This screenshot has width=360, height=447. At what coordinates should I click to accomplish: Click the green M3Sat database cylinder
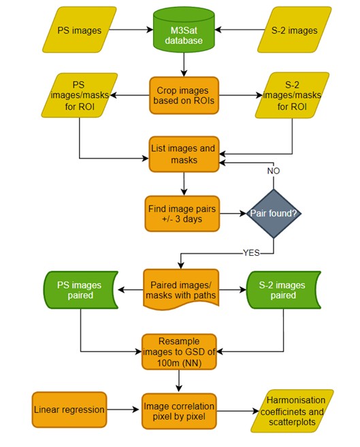[184, 30]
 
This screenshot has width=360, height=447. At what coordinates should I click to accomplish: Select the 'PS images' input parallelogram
[80, 30]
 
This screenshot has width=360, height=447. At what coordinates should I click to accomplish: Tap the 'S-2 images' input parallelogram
[295, 30]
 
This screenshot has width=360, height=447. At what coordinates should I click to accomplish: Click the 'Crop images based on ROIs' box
[184, 95]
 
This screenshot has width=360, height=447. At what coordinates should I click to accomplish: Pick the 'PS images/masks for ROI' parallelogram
[80, 95]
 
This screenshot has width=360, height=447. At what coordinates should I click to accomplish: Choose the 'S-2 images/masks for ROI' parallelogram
[292, 95]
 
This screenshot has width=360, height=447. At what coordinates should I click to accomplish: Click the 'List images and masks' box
[184, 154]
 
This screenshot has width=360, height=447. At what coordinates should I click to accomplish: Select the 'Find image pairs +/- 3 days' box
[182, 214]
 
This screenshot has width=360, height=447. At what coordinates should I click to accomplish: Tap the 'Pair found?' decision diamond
[274, 213]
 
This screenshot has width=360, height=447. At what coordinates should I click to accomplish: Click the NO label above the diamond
[274, 171]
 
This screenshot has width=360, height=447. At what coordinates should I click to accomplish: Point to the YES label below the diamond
[251, 253]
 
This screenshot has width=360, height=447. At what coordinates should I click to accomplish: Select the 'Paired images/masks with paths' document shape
[181, 289]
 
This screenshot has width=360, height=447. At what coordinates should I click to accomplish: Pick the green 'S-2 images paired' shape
[283, 290]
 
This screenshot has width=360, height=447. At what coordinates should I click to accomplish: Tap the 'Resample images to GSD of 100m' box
[179, 352]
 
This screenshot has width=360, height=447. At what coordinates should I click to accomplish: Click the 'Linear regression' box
[69, 410]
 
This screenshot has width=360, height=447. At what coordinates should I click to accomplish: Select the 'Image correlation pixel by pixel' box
[179, 411]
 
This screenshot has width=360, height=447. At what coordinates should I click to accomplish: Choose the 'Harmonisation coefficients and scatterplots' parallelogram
[292, 411]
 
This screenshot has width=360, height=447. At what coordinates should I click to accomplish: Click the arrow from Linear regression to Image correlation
[122, 410]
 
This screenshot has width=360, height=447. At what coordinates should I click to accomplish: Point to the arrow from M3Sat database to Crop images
[184, 65]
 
